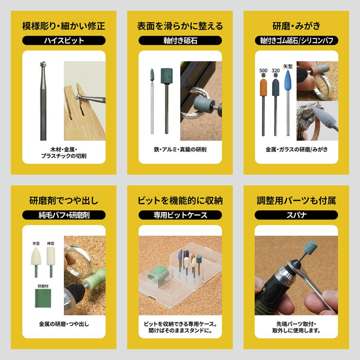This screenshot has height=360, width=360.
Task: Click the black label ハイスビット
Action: click(64, 40)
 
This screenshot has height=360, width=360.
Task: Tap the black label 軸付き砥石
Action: click(180, 40)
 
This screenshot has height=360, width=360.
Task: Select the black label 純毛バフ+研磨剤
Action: click(64, 215)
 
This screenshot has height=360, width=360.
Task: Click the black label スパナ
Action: click(296, 215)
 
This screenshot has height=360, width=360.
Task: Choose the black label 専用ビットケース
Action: click(180, 215)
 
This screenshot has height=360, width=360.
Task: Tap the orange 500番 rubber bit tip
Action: click(264, 87)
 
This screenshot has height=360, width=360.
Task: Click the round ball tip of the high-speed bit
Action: click(42, 66)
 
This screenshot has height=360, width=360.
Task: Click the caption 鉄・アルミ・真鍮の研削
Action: click(180, 150)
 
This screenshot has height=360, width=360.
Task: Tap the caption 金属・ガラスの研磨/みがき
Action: click(296, 150)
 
